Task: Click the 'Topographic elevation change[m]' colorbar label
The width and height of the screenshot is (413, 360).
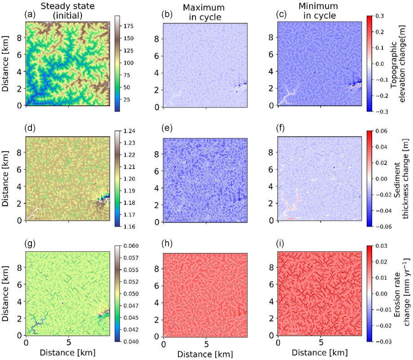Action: [x=401, y=63]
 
